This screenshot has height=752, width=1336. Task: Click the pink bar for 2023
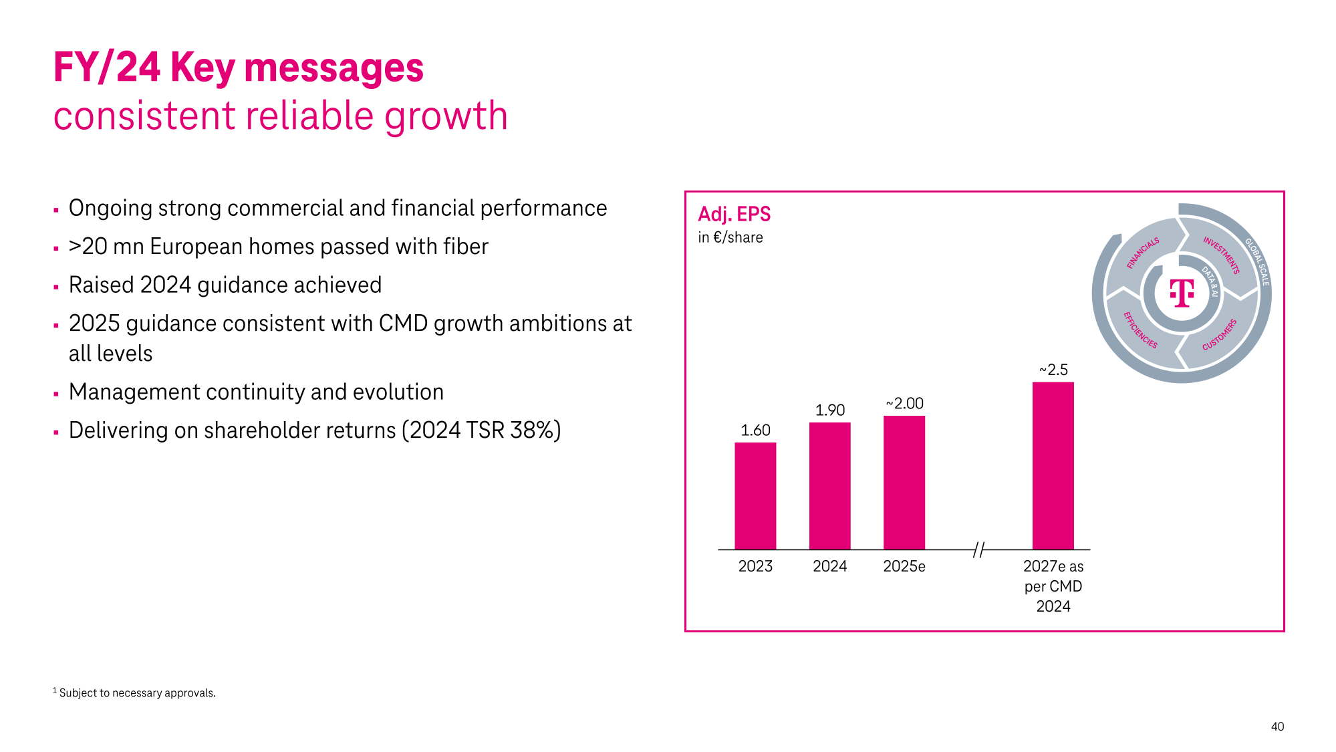755,495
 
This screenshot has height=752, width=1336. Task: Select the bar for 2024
829,485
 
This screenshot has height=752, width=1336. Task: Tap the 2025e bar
904,482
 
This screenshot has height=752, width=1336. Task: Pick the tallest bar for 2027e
1053,465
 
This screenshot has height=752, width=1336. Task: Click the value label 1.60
755,430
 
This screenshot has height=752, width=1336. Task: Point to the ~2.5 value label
1053,370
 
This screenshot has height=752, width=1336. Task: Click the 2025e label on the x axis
904,566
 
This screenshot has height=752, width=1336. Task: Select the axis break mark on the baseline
978,549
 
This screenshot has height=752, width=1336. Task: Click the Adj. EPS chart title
734,214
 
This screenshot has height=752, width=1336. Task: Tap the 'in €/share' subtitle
730,237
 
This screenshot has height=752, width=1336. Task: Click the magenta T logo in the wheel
1182,293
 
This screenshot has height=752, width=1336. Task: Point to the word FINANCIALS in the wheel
1143,253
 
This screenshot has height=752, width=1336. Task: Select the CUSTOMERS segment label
1220,334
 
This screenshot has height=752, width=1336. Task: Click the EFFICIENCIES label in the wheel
1140,330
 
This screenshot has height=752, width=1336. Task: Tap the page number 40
1277,727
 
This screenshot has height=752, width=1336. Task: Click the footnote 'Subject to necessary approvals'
137,693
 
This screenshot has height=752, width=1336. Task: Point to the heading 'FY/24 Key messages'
238,68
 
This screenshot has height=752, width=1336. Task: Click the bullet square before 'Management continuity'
56,394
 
